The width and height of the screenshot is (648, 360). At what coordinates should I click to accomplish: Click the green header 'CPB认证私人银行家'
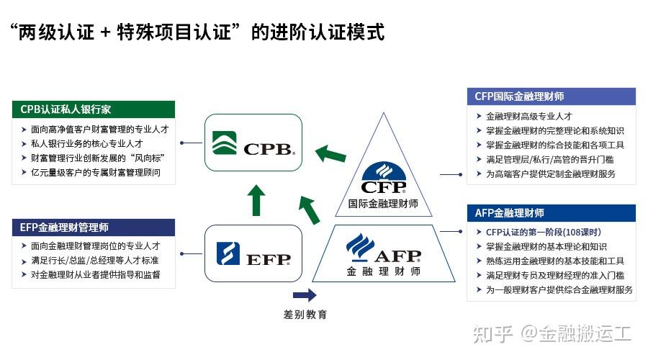(x=94, y=110)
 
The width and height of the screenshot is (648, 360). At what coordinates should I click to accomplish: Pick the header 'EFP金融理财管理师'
(x=94, y=228)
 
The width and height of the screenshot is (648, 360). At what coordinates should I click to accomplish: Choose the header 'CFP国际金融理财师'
(x=552, y=96)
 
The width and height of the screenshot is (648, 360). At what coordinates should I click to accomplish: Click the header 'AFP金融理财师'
(x=552, y=213)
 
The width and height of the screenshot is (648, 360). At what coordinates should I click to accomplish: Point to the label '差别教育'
(x=305, y=315)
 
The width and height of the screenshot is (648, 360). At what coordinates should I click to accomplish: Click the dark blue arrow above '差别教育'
(x=305, y=294)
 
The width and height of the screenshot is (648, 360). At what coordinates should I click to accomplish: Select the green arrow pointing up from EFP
(x=253, y=200)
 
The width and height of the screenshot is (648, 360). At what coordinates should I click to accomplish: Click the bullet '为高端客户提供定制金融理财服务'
(x=551, y=174)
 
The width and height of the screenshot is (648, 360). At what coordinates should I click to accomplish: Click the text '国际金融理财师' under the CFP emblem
(x=383, y=204)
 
